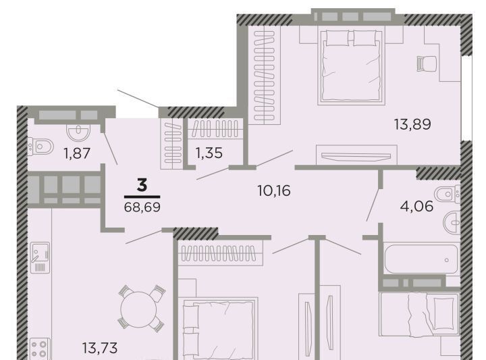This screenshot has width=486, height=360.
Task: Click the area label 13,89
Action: coord(412,125)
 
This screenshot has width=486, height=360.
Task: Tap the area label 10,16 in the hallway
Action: coord(274,190)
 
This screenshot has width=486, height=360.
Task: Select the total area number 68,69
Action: coord(142,207)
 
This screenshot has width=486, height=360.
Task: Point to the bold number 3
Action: coord(142,186)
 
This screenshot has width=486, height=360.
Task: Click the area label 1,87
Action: coord(77,153)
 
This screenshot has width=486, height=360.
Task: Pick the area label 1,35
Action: coord(209,153)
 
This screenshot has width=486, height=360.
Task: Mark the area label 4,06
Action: coord(416,206)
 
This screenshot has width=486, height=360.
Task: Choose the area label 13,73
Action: coord(100,348)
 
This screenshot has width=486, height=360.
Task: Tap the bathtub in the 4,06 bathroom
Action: coord(421,259)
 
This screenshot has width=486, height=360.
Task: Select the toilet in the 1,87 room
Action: coord(40,146)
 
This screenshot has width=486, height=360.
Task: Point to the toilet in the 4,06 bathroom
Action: coord(448,194)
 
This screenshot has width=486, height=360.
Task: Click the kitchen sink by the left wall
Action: coord(40,257)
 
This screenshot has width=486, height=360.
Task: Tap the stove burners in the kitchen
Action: coord(39,349)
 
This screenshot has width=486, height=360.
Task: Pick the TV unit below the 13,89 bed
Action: coord(356,155)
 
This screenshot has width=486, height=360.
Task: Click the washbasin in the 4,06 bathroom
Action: coord(452,222)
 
